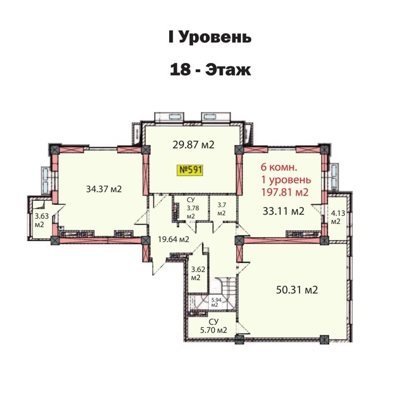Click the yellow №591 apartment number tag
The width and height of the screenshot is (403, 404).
point(191,170)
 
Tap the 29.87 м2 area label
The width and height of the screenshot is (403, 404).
point(193,145)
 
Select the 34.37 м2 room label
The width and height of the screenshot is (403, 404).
point(104,189)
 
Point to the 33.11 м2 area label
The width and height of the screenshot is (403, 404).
point(283,211)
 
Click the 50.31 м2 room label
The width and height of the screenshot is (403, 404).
point(297,290)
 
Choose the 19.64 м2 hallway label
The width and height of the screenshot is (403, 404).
point(173,240)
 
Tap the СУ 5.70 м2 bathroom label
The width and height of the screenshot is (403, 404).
point(214,326)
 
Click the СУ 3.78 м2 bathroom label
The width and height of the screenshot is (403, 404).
point(191,208)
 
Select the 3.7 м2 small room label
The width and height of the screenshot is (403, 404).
point(222,209)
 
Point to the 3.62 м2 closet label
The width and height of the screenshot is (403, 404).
point(198,274)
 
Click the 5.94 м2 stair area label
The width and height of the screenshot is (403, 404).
point(217,302)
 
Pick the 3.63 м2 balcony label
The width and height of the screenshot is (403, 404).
point(42,220)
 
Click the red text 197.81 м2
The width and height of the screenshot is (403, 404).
point(285,192)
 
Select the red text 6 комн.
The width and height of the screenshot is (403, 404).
point(279,167)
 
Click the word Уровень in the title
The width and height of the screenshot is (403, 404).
point(214,37)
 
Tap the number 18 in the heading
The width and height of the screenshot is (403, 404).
point(180,70)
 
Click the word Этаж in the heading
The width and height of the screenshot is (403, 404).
point(228,70)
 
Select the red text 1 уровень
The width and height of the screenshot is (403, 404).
point(286,180)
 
